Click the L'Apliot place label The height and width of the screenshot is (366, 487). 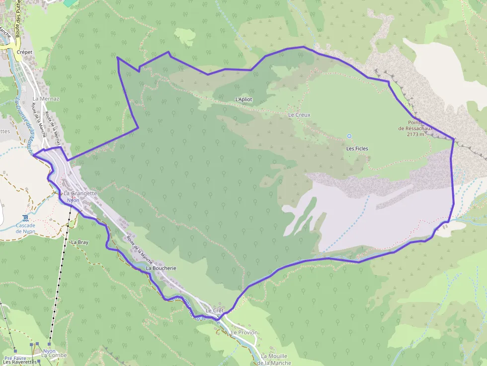point(243,99)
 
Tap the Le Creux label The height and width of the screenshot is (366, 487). point(299,115)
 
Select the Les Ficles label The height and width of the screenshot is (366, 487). point(357,148)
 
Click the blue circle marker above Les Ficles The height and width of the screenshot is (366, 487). point(349,136)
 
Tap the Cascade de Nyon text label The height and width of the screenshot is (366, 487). point(25,228)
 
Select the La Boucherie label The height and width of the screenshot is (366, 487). point(161,268)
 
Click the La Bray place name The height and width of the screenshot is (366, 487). point(80,242)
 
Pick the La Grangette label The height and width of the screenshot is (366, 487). point(80,193)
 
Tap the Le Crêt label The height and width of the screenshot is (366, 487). point(215,310)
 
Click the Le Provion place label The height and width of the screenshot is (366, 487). point(244,332)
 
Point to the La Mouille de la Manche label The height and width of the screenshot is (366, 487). point(274,360)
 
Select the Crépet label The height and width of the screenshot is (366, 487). point(24,51)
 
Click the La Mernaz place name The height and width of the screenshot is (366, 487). point(46,98)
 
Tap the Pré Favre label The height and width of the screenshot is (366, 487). point(15,358)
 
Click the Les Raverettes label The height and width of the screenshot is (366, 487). point(20,362)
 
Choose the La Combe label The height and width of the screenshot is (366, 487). point(54,356)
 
